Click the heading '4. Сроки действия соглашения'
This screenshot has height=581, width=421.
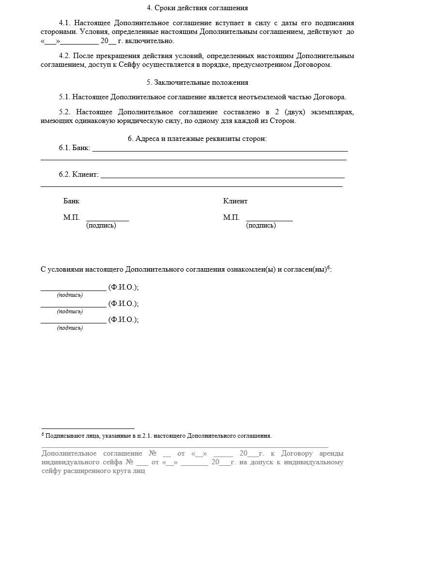(x=197, y=8)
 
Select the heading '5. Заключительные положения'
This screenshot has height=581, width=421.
(x=197, y=82)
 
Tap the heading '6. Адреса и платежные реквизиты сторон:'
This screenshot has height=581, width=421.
(x=197, y=138)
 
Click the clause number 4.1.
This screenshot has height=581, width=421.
(x=65, y=23)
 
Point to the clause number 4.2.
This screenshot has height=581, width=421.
(x=65, y=56)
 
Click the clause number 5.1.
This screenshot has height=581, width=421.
(x=65, y=97)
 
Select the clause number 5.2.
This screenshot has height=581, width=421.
(x=65, y=112)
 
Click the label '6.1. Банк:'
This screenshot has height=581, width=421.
(x=75, y=148)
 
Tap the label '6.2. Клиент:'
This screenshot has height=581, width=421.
(x=78, y=174)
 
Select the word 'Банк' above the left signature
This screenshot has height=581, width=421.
(x=71, y=201)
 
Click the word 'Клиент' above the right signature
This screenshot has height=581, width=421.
(x=235, y=201)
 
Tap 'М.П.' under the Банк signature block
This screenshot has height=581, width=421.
(x=71, y=217)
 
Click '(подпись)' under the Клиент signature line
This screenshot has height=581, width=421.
(x=261, y=226)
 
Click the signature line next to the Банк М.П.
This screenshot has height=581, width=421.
(x=107, y=220)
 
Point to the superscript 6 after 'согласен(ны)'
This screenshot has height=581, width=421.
(x=328, y=267)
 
